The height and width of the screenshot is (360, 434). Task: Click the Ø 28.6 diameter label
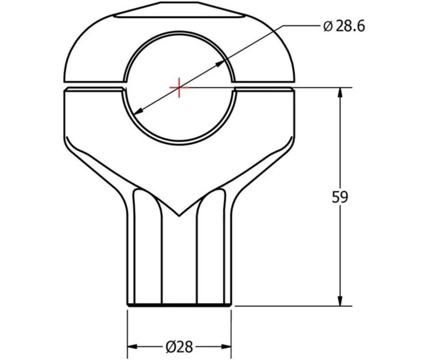click(344, 26)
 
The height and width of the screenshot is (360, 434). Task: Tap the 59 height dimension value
click(339, 197)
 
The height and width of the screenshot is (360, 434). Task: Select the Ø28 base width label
click(179, 346)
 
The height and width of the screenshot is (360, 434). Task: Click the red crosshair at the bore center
click(179, 87)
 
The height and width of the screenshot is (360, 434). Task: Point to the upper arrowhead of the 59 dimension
click(340, 92)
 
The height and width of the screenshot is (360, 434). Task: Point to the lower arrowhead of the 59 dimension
click(340, 301)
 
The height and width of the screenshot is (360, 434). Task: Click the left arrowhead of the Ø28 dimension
click(132, 346)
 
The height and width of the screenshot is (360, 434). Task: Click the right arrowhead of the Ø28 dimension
click(226, 346)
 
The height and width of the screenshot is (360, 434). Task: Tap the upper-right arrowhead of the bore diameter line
click(220, 63)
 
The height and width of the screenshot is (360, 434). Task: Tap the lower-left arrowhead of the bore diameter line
click(138, 111)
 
